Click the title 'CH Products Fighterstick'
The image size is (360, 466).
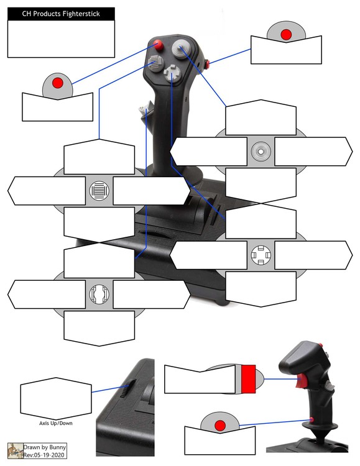click(x=61, y=14)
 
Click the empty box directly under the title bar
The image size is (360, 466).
click(x=61, y=39)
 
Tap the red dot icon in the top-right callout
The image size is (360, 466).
click(x=286, y=34)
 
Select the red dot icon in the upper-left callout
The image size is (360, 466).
click(x=57, y=83)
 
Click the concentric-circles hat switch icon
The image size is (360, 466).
click(x=261, y=151)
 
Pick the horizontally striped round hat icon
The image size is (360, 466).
click(x=99, y=191)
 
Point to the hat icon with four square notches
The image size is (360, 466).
click(x=261, y=255)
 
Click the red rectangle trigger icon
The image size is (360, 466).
click(x=248, y=379)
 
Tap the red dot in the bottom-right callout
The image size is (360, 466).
click(x=219, y=425)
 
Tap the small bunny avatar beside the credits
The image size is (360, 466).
click(x=15, y=451)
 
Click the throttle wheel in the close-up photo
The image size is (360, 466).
click(x=127, y=391)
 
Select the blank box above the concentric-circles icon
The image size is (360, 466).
click(x=261, y=117)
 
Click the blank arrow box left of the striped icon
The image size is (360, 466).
click(x=47, y=191)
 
